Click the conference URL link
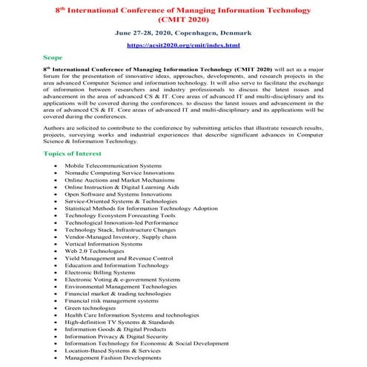(183, 45)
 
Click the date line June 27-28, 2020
(183, 33)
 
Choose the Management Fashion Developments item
(114, 358)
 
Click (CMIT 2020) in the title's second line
(183, 19)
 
